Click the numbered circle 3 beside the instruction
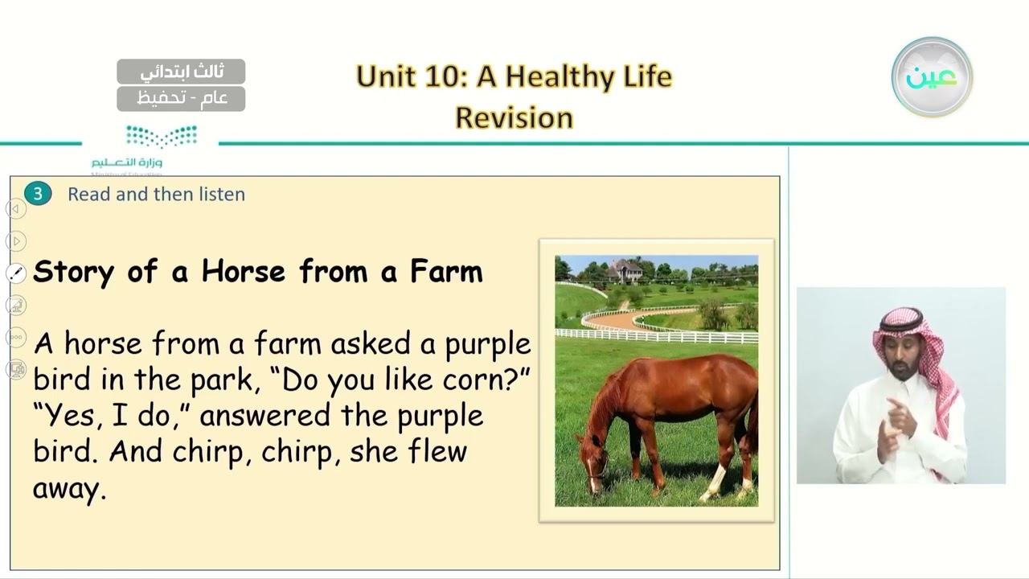pyautogui.click(x=37, y=194)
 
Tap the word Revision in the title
pyautogui.click(x=514, y=117)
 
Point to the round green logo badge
pyautogui.click(x=932, y=77)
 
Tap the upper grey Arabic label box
pyautogui.click(x=181, y=72)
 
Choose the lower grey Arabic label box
pyautogui.click(x=181, y=98)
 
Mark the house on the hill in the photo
pyautogui.click(x=625, y=271)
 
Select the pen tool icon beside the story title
pyautogui.click(x=16, y=273)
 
